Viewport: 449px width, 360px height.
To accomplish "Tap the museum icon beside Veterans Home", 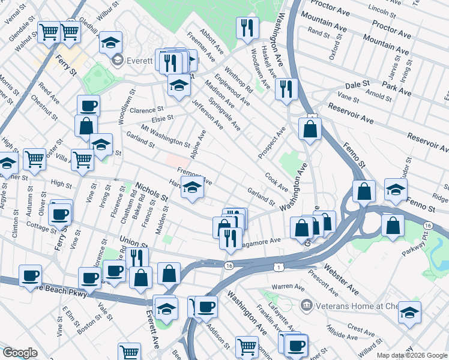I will pos(307,305).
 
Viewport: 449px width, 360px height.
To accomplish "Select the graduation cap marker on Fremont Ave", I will pos(192,188).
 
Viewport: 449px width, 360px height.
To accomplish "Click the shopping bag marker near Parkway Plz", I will pos(393,226).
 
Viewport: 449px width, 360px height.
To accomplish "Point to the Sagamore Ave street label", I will pos(260,241).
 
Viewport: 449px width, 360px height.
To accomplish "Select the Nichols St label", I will pos(151,192).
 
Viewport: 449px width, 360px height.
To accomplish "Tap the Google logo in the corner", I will pos(20,353).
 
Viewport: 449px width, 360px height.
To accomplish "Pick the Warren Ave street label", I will pos(285,287).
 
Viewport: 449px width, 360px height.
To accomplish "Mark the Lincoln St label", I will pos(382,9).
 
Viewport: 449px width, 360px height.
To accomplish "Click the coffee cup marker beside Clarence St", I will pos(89,106).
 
